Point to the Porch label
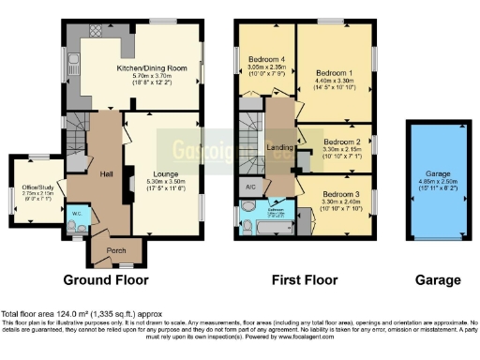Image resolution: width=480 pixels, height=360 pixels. point(116,249)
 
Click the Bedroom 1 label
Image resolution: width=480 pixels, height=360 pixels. point(334,73)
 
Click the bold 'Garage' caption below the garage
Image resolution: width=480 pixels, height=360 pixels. point(438,279)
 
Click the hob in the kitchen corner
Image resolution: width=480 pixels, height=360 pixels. point(95,31)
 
